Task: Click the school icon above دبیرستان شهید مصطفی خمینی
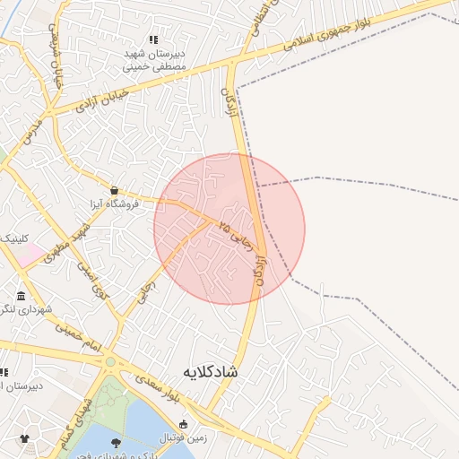[153, 39]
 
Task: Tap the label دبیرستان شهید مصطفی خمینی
[155, 60]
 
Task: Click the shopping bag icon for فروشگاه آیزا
[114, 190]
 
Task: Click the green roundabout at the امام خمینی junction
[110, 361]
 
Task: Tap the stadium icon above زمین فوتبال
[184, 424]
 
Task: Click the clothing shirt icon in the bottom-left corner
[24, 438]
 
